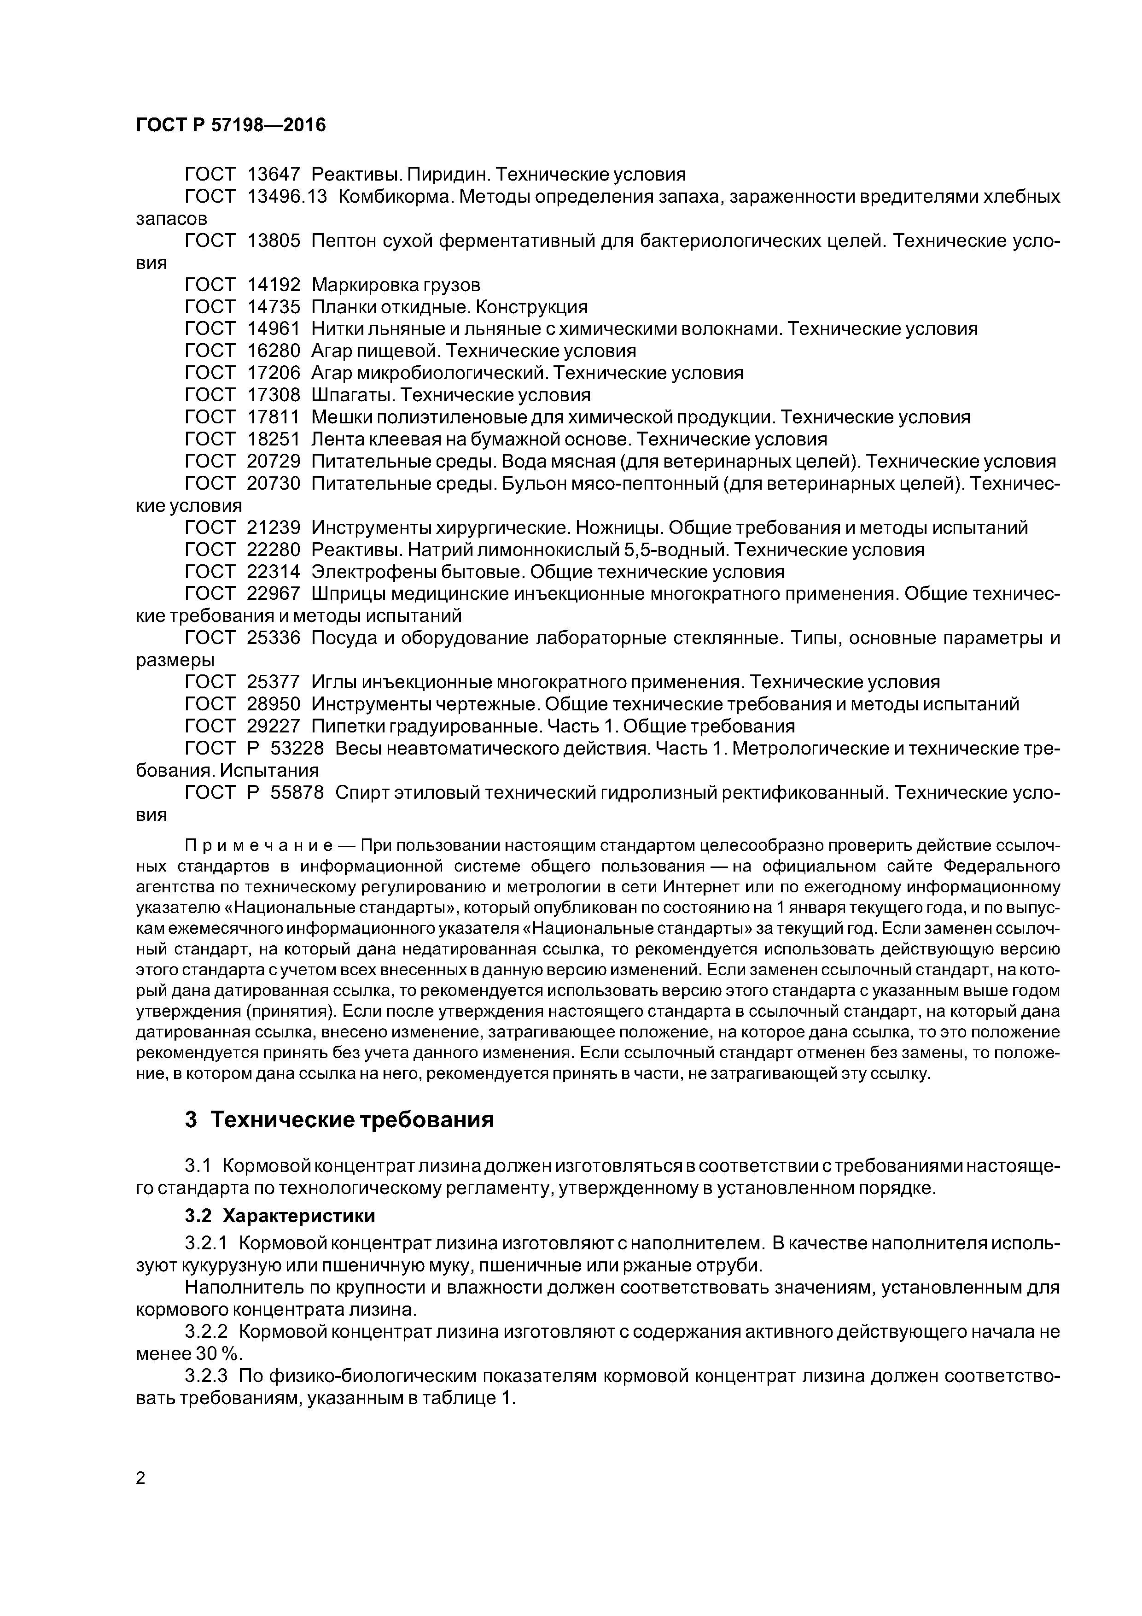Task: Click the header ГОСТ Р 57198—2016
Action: (x=231, y=125)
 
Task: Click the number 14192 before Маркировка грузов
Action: (x=274, y=285)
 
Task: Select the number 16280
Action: (x=274, y=351)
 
